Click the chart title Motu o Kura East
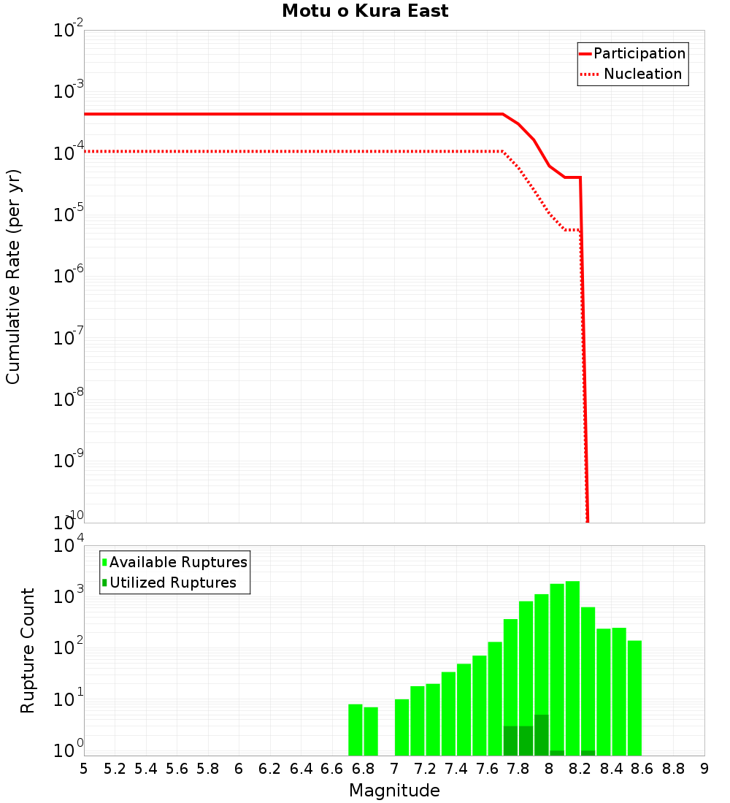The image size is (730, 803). tap(365, 12)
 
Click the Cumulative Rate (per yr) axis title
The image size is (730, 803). tap(13, 276)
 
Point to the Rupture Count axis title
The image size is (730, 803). tap(28, 650)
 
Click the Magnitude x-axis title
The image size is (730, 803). tap(394, 791)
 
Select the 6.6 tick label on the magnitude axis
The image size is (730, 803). tap(331, 769)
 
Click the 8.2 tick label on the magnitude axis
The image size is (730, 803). tap(580, 769)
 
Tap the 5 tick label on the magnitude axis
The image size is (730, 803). tap(84, 769)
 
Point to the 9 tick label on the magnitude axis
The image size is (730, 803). tap(704, 769)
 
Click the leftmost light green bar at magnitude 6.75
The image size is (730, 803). tap(356, 729)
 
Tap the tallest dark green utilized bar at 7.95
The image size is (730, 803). tap(542, 735)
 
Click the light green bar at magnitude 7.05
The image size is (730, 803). tap(401, 727)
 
